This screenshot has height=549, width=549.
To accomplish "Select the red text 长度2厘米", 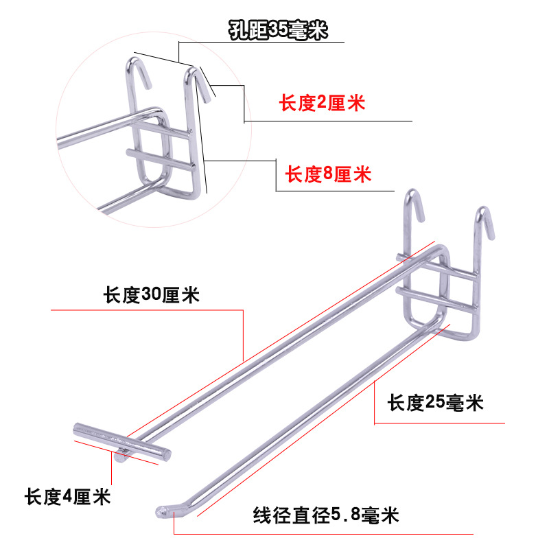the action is (x=321, y=104).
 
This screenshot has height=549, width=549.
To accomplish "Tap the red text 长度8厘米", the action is (x=328, y=174).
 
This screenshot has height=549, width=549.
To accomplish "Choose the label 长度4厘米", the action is (x=67, y=495).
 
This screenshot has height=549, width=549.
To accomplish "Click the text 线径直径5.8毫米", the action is (x=326, y=514).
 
